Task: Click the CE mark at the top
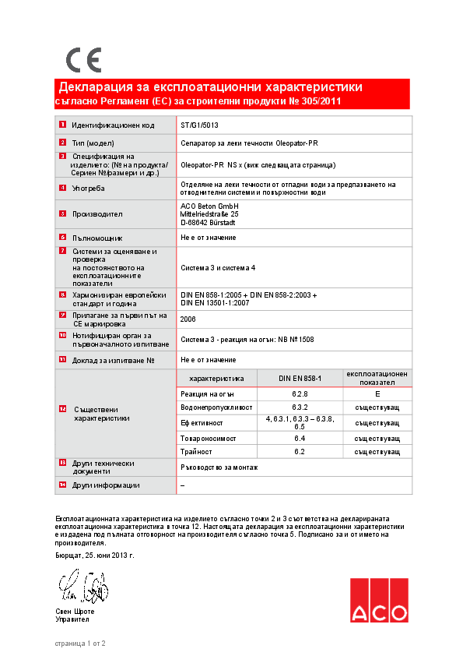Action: tap(83, 59)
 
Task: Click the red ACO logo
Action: tap(378, 601)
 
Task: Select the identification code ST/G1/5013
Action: tap(199, 125)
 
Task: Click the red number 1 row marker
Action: tap(62, 125)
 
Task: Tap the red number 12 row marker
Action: tap(62, 409)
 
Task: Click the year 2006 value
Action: tap(188, 319)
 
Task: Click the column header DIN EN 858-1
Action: tap(300, 378)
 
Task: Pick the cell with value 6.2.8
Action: tap(300, 394)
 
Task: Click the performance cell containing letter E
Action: tap(377, 394)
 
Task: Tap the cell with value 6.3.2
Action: tap(300, 407)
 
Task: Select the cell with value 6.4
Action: tap(300, 439)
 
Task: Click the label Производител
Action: tap(97, 213)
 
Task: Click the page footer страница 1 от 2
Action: tap(80, 643)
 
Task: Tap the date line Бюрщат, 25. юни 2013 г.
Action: tap(95, 555)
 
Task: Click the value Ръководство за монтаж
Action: tap(219, 467)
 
